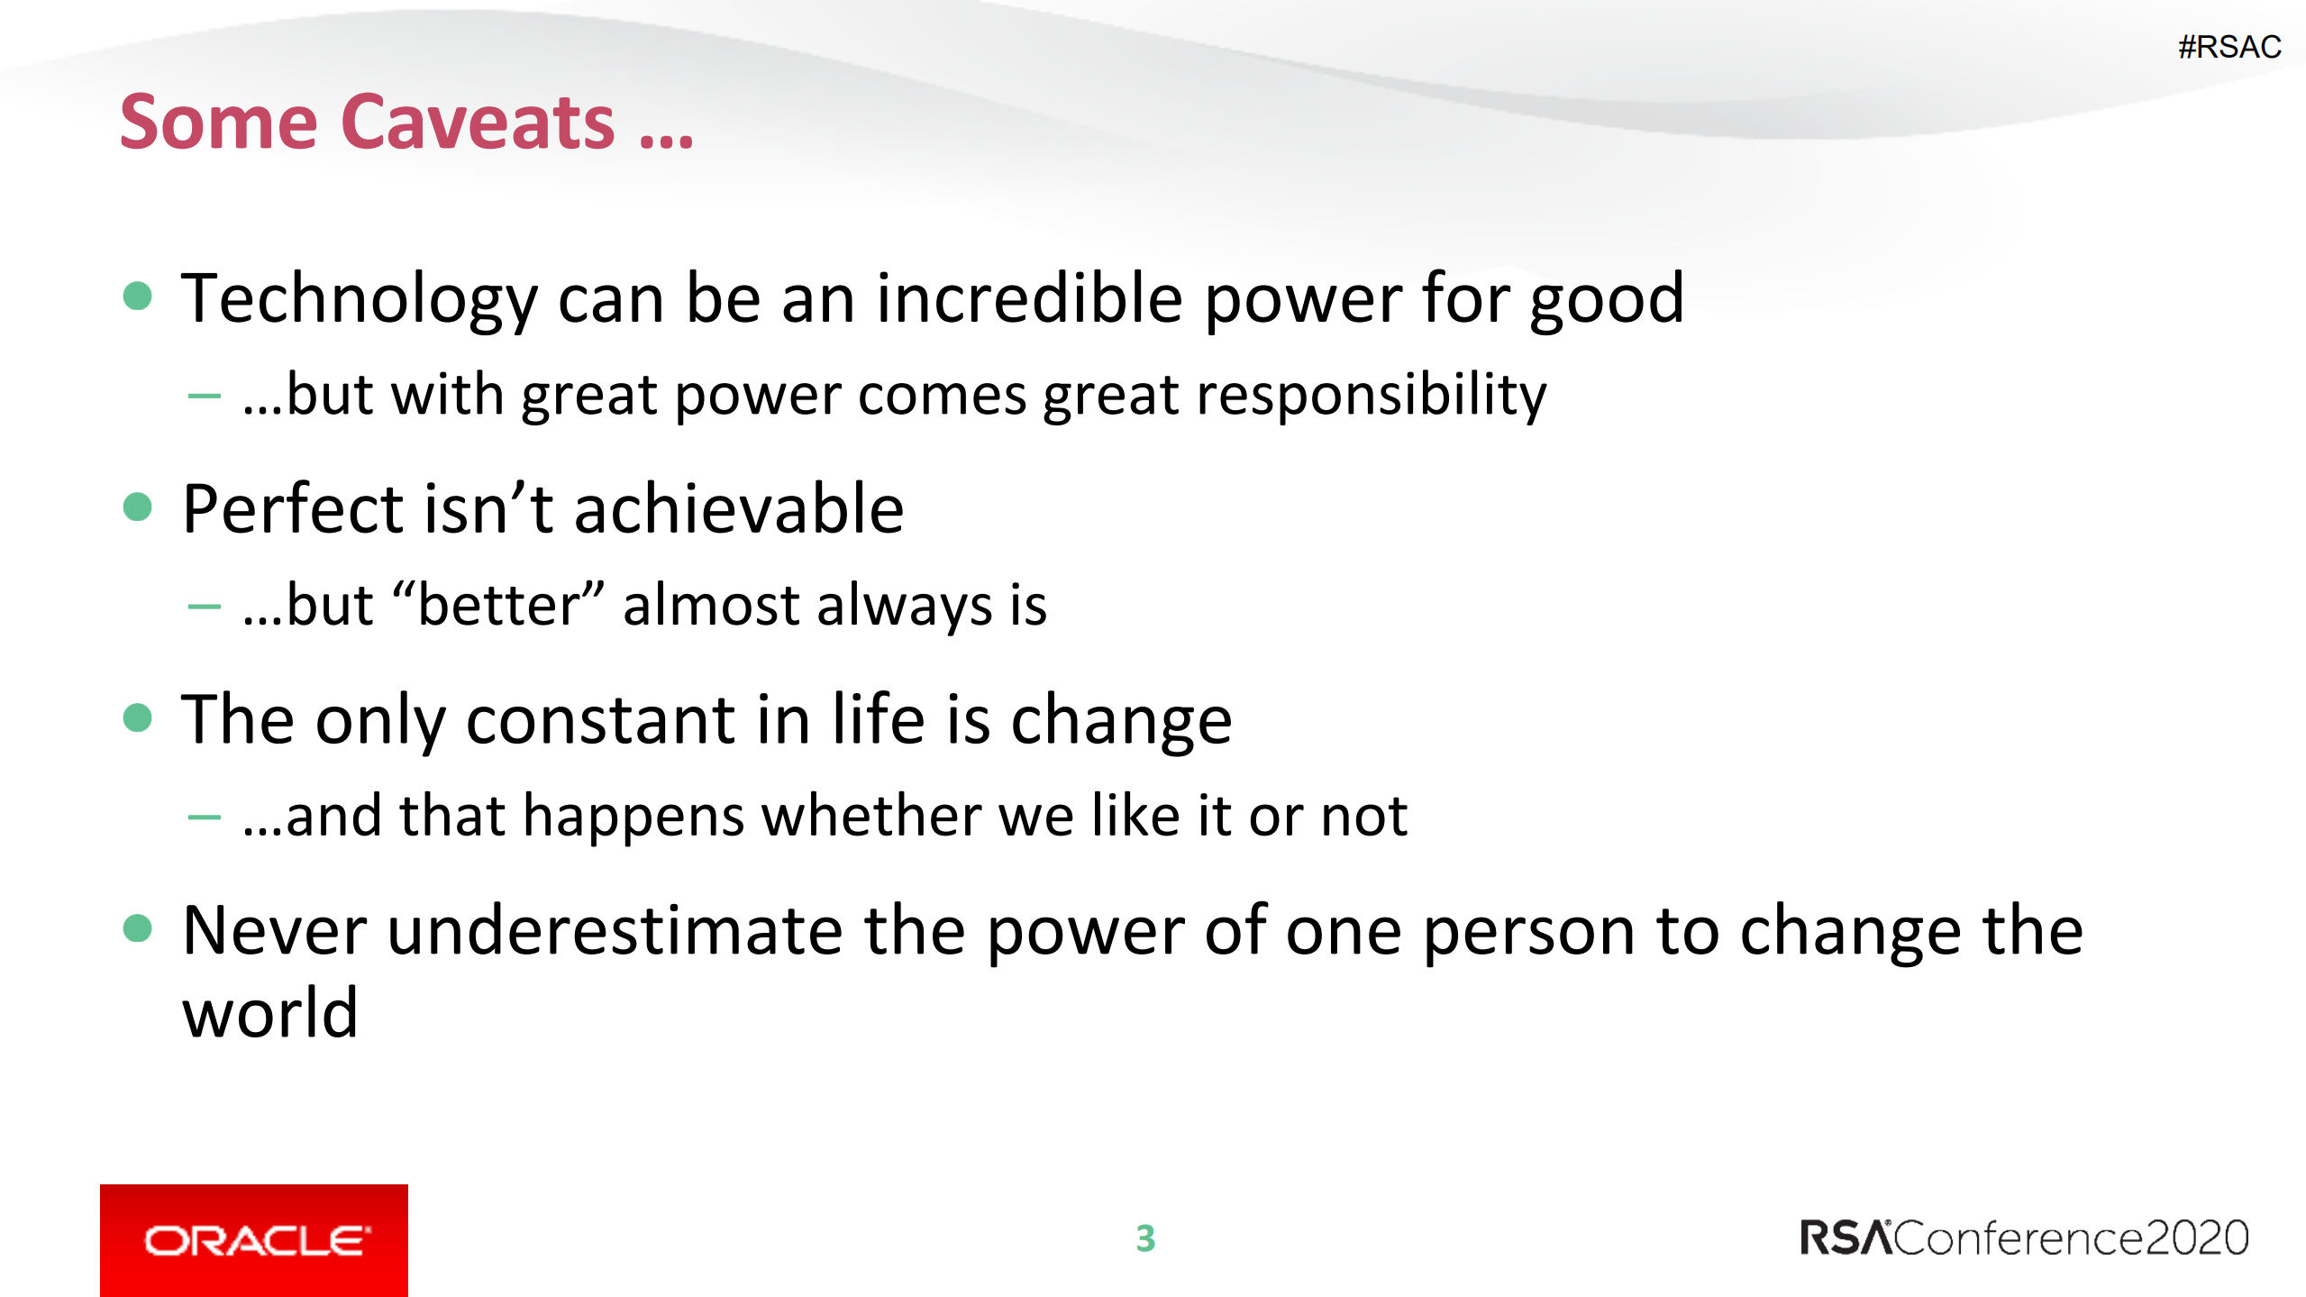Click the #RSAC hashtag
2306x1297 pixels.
[x=2229, y=47]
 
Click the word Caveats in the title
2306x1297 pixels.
[x=478, y=122]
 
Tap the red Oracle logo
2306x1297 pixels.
[x=254, y=1240]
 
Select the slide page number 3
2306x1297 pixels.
[x=1145, y=1238]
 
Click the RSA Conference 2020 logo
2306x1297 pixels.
[x=2024, y=1238]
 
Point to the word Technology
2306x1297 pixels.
[x=359, y=300]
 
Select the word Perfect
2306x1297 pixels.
[x=293, y=508]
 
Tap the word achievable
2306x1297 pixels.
[x=739, y=508]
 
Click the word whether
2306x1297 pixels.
[x=872, y=815]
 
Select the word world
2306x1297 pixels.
[x=270, y=1013]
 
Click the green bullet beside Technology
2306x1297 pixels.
[x=137, y=296]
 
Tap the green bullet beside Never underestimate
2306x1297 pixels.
[x=137, y=928]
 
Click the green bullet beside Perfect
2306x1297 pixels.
[x=137, y=507]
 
